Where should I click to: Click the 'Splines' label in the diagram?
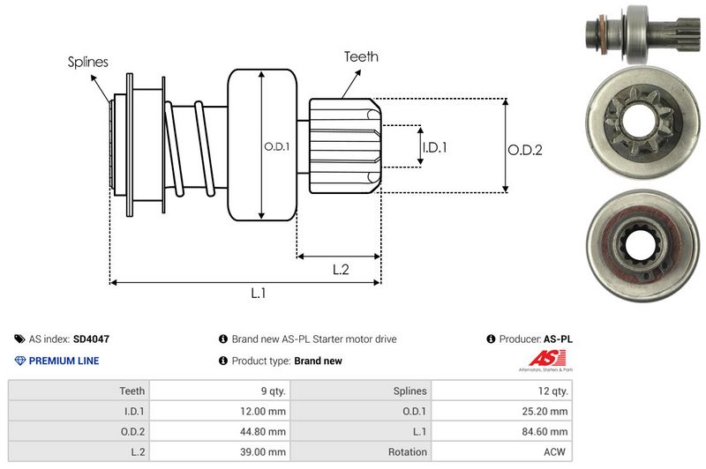pyautogui.click(x=87, y=62)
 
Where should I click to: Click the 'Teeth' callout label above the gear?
pyautogui.click(x=360, y=56)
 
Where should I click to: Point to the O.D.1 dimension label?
pyautogui.click(x=276, y=146)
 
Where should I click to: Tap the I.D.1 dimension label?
pyautogui.click(x=434, y=147)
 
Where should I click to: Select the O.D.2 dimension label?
pyautogui.click(x=524, y=150)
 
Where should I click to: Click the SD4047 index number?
pyautogui.click(x=92, y=339)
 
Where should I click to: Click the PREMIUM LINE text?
pyautogui.click(x=64, y=361)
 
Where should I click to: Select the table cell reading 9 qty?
pyautogui.click(x=269, y=391)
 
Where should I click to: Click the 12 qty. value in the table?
pyautogui.click(x=552, y=391)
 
